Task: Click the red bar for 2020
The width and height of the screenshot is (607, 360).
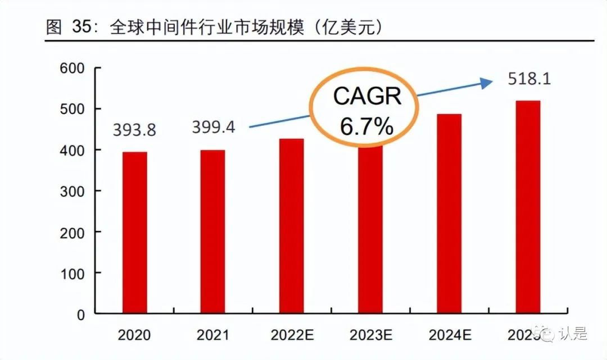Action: coord(135,233)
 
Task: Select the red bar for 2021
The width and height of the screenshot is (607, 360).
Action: coord(213,231)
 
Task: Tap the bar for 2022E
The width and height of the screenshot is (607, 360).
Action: coord(291,226)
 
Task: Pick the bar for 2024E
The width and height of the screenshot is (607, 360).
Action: coord(449,213)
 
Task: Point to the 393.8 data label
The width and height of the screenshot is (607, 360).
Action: coord(134,130)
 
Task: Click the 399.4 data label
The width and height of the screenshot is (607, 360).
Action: coord(213,127)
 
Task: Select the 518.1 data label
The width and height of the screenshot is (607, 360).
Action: coord(529,79)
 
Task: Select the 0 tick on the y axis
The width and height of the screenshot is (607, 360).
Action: coord(80,315)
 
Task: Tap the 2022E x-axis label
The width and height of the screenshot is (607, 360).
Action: coord(291,335)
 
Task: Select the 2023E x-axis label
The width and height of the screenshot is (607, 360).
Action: coord(370,335)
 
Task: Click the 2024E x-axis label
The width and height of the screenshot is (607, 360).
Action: coord(449,335)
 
